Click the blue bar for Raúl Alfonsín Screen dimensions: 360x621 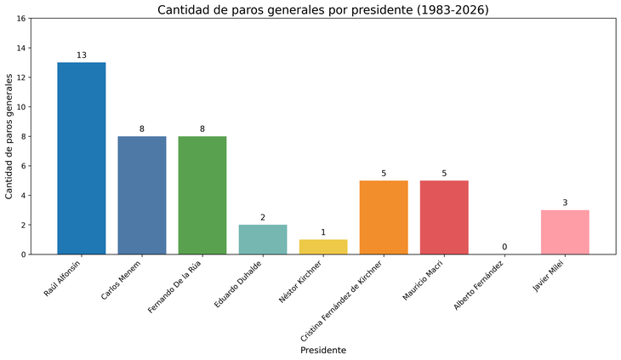click(x=82, y=157)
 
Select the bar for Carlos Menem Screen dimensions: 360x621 click(x=142, y=195)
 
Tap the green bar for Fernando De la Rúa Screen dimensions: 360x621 click(x=202, y=195)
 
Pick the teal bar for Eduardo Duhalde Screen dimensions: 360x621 click(x=263, y=239)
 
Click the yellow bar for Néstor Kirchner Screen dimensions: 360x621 click(x=323, y=247)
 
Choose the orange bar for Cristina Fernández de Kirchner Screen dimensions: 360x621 click(x=384, y=217)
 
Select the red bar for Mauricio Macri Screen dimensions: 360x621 click(x=444, y=217)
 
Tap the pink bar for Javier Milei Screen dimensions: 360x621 click(x=565, y=231)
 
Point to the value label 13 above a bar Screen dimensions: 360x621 click(x=82, y=55)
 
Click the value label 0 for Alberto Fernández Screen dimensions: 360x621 click(x=504, y=247)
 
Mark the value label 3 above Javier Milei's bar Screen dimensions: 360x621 click(x=565, y=203)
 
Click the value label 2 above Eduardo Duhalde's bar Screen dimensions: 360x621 click(x=263, y=218)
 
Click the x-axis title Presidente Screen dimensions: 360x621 click(x=322, y=350)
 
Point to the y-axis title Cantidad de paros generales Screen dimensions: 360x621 click(x=9, y=136)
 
